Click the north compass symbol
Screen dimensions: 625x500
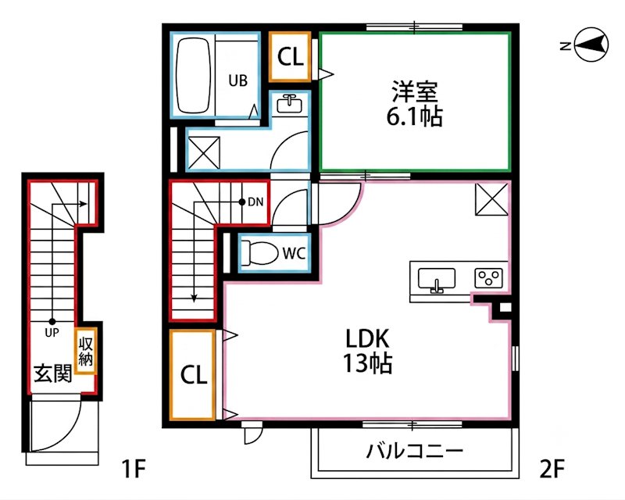pos(592,45)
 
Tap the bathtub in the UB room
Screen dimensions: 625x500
pos(193,76)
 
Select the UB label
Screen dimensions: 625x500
pos(238,80)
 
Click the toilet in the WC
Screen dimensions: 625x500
pos(260,253)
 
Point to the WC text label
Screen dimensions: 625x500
pos(295,253)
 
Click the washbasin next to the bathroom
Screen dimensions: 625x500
pos(289,105)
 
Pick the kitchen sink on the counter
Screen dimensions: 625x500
pos(437,280)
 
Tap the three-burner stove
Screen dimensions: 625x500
pos(488,278)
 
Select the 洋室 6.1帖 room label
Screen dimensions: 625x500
pos(415,104)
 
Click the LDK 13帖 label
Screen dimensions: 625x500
pos(367,351)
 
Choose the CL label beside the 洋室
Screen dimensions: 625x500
pos(291,57)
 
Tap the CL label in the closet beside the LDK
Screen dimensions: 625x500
pos(194,375)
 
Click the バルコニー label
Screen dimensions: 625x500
pos(415,451)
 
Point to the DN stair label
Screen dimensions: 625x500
pos(255,202)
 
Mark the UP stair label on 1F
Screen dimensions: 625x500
pos(52,333)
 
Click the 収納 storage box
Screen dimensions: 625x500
pos(85,352)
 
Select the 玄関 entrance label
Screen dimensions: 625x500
pos(52,373)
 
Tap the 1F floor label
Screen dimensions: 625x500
pos(133,469)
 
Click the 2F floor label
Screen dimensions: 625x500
pos(552,469)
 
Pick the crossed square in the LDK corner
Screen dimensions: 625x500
pos(492,199)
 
